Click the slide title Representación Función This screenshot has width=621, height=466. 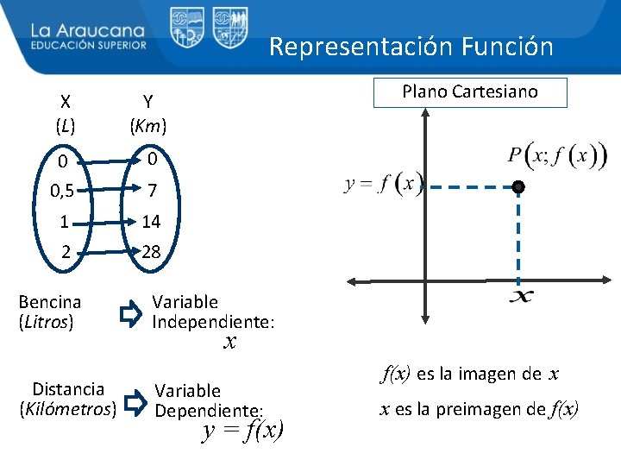411,46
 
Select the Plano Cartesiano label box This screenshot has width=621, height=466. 470,92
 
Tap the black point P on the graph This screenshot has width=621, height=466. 517,187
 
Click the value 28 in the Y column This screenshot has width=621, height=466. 151,252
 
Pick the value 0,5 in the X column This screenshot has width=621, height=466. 62,191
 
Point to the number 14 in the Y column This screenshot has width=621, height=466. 151,222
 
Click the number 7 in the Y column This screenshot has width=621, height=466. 151,191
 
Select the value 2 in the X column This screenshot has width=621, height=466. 65,252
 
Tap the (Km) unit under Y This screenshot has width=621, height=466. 148,126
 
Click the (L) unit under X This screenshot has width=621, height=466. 65,126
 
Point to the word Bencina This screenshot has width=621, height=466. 50,302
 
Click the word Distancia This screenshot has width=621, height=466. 68,389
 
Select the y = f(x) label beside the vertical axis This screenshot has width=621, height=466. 383,186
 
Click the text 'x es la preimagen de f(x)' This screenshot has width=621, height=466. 480,409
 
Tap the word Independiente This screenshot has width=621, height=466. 213,322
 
